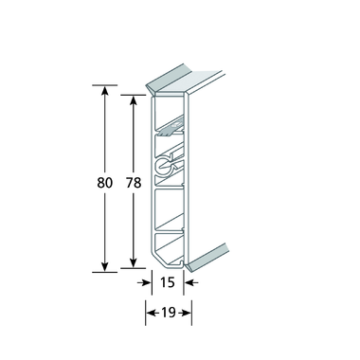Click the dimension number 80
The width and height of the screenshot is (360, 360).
104,183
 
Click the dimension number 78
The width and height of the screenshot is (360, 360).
134,183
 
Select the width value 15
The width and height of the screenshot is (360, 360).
168,282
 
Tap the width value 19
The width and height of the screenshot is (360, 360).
169,313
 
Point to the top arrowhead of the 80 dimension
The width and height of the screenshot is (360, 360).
105,90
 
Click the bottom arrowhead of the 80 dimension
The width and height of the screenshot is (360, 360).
105,267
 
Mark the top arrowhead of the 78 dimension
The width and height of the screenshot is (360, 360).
134,100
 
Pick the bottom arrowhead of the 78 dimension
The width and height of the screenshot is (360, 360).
134,263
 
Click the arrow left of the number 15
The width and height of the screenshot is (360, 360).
144,282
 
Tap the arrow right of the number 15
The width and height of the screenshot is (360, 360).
191,282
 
